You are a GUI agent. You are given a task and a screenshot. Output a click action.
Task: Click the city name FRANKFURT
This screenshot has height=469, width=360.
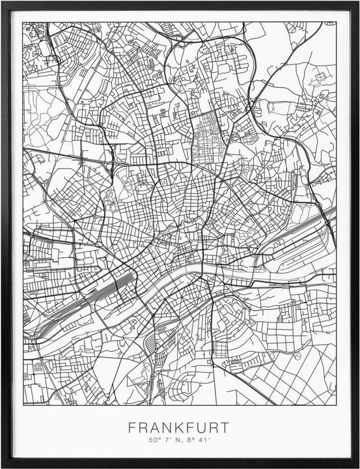tap(178, 428)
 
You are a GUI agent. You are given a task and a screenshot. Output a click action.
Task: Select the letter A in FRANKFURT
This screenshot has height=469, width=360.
tap(150, 428)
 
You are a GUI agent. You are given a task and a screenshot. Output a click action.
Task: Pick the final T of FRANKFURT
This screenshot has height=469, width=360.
tap(224, 428)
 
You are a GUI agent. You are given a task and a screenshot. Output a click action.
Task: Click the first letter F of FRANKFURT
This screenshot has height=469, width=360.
tap(132, 428)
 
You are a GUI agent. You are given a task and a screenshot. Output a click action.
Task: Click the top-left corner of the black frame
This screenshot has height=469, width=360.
tap(2, 2)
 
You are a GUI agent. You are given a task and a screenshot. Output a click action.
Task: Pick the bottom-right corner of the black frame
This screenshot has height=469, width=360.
tap(358, 466)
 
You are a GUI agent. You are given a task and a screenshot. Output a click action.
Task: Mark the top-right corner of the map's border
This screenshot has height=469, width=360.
tap(337, 22)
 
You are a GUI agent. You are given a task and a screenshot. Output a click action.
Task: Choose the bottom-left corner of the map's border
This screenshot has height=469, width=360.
tap(23, 405)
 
